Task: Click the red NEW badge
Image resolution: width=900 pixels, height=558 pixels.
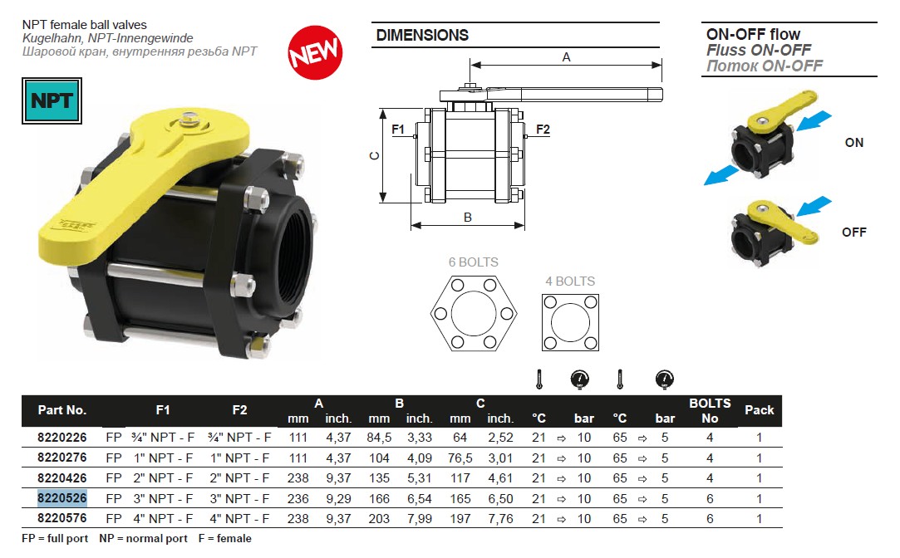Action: tap(315, 52)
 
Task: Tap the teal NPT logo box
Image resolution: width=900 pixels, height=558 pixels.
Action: tap(52, 101)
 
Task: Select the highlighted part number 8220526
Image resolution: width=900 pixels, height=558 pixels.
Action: tap(62, 498)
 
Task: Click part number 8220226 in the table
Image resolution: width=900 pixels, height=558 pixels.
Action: tap(62, 438)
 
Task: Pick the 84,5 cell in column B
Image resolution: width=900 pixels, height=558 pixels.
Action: tap(379, 438)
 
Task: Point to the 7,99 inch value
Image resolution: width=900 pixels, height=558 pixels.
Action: tap(420, 519)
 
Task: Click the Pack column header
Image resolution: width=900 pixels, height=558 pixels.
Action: tap(759, 410)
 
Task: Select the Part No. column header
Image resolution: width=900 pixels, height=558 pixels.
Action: tap(62, 410)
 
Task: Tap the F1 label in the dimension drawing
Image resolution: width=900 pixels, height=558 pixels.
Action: tap(398, 130)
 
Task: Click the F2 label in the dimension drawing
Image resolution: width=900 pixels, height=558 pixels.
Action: tap(543, 130)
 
